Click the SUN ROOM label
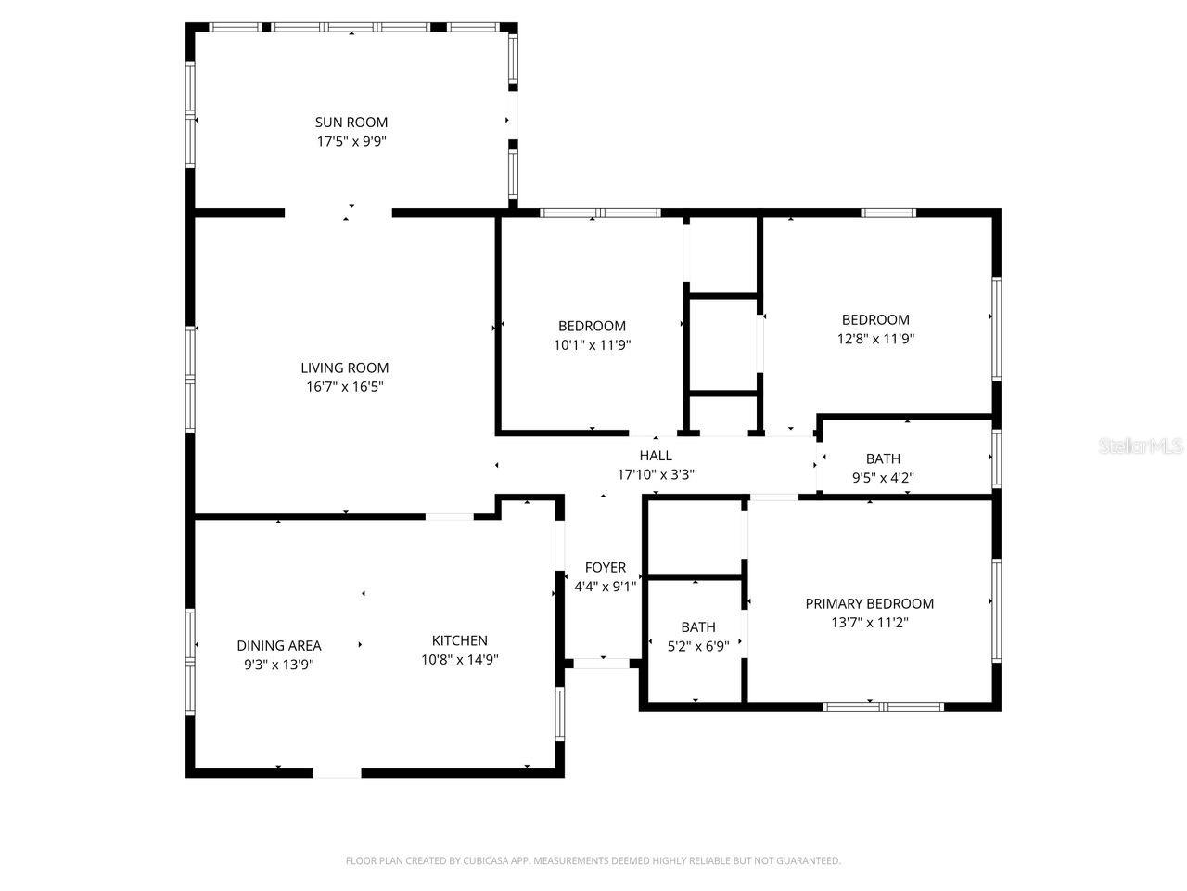(x=351, y=122)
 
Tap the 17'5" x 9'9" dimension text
(x=351, y=142)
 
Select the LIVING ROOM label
(x=345, y=368)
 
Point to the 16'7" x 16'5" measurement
(x=345, y=387)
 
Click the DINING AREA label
(x=279, y=645)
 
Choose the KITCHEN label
(x=460, y=640)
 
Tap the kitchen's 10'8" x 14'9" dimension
(x=460, y=660)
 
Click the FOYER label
(x=606, y=567)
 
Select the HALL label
(x=656, y=455)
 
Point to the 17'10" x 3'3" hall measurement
(x=656, y=474)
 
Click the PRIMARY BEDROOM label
(x=870, y=603)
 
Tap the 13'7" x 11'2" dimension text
(x=870, y=623)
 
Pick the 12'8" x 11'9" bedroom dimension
(x=876, y=339)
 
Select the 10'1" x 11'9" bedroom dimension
(x=592, y=345)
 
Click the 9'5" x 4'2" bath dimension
(x=883, y=478)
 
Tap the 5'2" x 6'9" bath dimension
(x=698, y=646)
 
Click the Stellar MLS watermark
(x=1141, y=446)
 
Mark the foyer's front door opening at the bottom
(x=603, y=663)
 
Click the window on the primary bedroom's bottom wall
(x=884, y=706)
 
